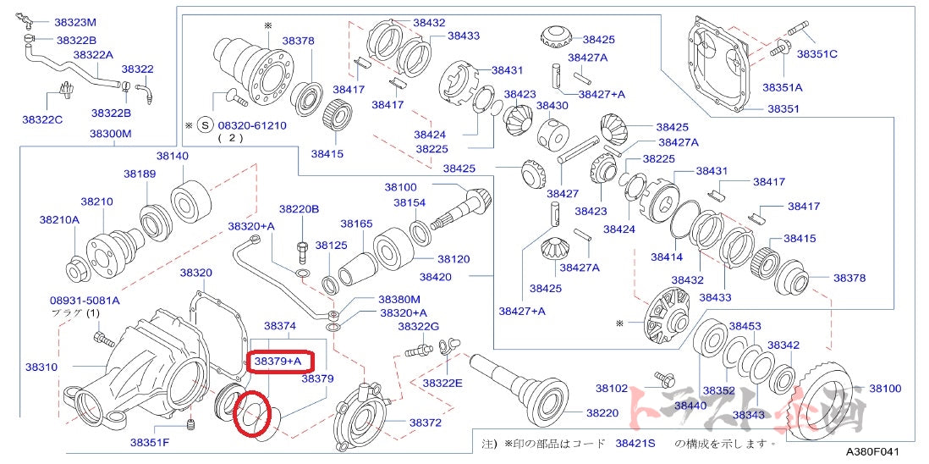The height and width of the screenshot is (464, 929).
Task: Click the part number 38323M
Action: [74, 22]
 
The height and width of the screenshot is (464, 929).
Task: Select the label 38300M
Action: [110, 134]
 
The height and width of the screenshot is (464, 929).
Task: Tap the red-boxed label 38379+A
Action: [278, 361]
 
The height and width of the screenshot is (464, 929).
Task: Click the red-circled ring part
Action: [255, 413]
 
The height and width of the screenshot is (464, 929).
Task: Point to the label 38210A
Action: [58, 219]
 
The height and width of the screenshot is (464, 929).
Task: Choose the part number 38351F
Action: [150, 442]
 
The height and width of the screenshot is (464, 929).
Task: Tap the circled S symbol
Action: [203, 125]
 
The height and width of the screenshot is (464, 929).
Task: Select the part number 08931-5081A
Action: [85, 300]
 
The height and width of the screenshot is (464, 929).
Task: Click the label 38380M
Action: [399, 299]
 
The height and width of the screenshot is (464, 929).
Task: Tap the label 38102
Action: [611, 389]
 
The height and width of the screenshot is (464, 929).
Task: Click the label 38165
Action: [356, 224]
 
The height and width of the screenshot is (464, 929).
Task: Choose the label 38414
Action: [667, 256]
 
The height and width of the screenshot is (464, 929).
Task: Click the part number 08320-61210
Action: [252, 125]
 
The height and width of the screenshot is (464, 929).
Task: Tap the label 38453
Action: [745, 326]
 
